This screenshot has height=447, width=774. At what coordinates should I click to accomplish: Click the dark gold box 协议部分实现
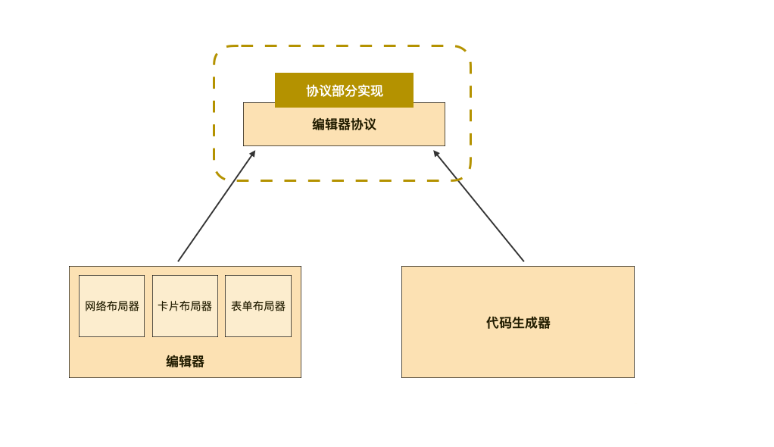[x=344, y=90]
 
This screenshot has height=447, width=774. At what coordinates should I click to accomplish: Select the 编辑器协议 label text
[x=344, y=124]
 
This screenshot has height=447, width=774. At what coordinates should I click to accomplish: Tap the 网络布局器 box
[x=111, y=306]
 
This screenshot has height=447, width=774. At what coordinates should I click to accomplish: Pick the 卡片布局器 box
[x=185, y=306]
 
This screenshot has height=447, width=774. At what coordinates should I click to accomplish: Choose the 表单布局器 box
[x=258, y=306]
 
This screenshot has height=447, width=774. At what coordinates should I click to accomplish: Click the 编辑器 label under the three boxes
[x=185, y=361]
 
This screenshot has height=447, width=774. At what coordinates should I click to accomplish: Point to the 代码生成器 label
[x=518, y=323]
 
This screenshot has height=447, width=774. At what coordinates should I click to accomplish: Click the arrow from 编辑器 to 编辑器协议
[x=217, y=206]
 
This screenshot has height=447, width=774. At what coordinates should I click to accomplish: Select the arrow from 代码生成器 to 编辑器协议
[x=479, y=206]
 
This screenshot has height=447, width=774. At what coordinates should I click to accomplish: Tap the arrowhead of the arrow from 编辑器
[x=253, y=153]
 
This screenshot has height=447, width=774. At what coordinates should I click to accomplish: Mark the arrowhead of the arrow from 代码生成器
[x=435, y=153]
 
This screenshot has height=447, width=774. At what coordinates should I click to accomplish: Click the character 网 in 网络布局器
[x=90, y=306]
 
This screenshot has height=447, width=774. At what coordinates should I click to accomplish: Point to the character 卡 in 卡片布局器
[x=163, y=306]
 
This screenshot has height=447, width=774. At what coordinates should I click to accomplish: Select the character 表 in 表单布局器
[x=236, y=306]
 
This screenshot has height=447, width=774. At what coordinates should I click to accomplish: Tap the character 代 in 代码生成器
[x=492, y=323]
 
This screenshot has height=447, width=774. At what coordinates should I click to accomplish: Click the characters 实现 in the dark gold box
[x=370, y=91]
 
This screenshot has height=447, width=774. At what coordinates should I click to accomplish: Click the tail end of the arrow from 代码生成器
[x=523, y=261]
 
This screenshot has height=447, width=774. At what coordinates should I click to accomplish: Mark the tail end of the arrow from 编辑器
[x=179, y=261]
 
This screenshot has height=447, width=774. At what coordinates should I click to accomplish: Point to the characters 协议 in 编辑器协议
[x=363, y=124]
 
